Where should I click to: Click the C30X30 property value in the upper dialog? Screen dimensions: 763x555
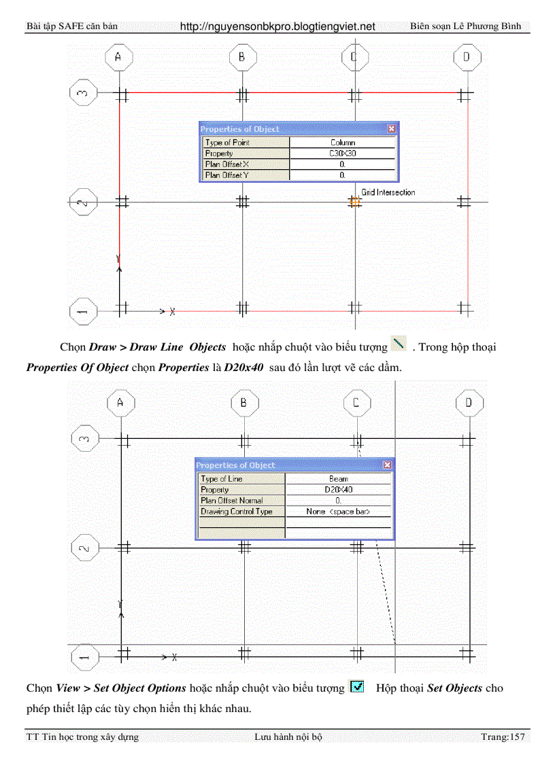tap(342, 154)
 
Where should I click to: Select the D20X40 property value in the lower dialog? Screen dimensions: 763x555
tap(338, 490)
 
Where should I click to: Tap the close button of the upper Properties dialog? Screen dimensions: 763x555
tap(391, 128)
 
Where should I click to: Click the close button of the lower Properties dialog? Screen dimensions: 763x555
tap(387, 465)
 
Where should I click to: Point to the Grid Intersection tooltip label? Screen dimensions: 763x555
tap(388, 192)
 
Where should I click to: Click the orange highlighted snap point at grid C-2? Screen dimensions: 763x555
tap(354, 201)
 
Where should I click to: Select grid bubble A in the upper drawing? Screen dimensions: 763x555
tap(118, 58)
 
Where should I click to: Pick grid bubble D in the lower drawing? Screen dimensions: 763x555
tap(469, 403)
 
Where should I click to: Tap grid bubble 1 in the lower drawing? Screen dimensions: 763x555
tap(84, 657)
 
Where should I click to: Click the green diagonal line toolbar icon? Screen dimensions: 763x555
tap(399, 344)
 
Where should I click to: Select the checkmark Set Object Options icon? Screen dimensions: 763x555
tap(356, 687)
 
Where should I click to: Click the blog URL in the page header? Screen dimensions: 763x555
tap(277, 26)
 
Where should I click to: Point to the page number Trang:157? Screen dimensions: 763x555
tap(503, 737)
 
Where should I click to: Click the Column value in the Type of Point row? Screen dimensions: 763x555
tap(342, 143)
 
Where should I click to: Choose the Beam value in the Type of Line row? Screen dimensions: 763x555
tap(338, 479)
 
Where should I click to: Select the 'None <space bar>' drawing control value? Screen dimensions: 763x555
tap(338, 512)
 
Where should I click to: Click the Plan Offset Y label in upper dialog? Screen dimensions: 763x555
tap(226, 175)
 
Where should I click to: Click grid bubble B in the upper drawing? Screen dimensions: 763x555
tap(241, 58)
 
